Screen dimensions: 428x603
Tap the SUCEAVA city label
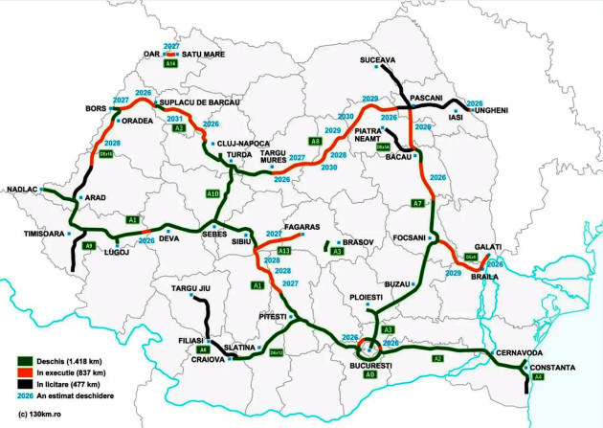(x=377, y=59)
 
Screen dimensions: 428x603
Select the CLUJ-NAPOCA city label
(x=244, y=144)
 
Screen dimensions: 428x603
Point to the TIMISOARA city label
(x=39, y=234)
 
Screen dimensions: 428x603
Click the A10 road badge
(x=213, y=194)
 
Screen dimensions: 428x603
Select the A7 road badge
(x=417, y=203)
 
